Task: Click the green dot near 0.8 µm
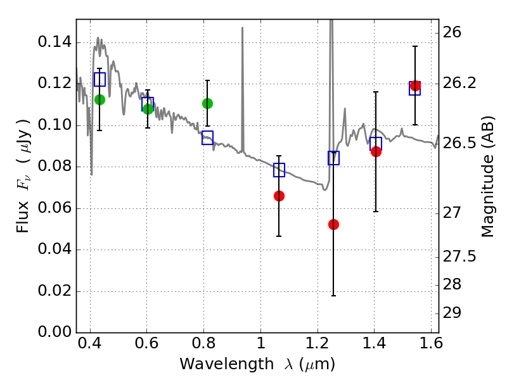[207, 103]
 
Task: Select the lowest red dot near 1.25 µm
[333, 224]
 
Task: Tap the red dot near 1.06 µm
[279, 196]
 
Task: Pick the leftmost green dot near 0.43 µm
[99, 100]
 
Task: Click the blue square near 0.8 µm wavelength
[207, 137]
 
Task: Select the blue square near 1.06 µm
[279, 170]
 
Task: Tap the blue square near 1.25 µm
[333, 158]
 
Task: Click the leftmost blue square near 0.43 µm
[99, 79]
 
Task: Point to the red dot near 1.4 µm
[376, 151]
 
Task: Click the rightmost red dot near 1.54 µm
[415, 86]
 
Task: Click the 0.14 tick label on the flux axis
[55, 42]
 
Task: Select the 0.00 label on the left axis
[55, 332]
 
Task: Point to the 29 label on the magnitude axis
[452, 313]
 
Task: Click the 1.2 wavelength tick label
[318, 343]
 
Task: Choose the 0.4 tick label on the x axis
[90, 343]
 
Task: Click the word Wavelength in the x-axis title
[227, 364]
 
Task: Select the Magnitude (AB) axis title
[487, 177]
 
